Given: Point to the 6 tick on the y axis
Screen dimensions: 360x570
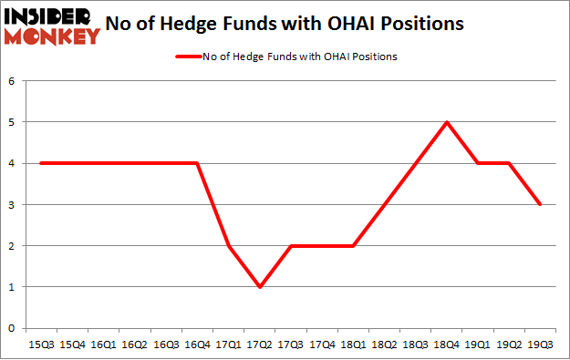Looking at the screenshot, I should (x=12, y=81).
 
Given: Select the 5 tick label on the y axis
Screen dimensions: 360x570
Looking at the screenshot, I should (x=12, y=122).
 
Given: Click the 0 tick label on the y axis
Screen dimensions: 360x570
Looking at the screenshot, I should (x=12, y=328).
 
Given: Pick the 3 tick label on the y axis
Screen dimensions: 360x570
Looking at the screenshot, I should (x=12, y=205).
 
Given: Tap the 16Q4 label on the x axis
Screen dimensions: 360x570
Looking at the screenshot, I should (x=197, y=345).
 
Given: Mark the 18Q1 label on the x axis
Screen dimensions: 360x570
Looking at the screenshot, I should (x=352, y=345).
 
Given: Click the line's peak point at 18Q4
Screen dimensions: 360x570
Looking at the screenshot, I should (x=446, y=122).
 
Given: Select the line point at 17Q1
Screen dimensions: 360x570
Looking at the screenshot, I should (x=228, y=246).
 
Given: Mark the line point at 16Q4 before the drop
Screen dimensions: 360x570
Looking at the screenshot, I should (x=197, y=163).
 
